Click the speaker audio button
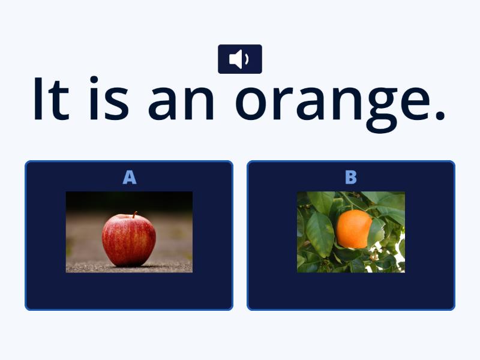tap(239, 59)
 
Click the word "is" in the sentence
tap(108, 98)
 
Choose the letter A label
tap(129, 178)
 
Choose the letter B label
tap(351, 178)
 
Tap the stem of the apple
tap(135, 214)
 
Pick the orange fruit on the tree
tap(353, 229)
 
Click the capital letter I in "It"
tap(39, 98)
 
